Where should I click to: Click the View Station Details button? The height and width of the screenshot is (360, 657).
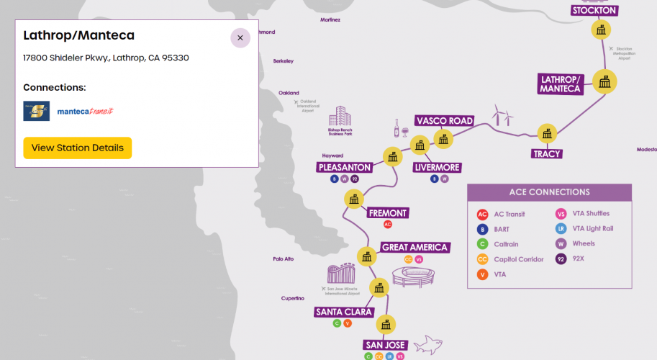(x=78, y=148)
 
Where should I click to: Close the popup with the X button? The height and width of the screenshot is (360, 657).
(x=240, y=38)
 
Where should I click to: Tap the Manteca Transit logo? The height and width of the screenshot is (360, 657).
(x=86, y=112)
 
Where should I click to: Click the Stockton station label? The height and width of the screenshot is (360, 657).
(x=594, y=10)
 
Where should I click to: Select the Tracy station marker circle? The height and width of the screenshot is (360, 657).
(x=548, y=133)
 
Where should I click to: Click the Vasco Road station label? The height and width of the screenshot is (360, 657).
(x=445, y=120)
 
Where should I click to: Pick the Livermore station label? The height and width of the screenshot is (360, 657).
(x=438, y=167)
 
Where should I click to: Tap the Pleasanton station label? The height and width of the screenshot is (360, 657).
(x=344, y=167)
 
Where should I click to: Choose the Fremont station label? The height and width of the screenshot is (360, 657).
(x=388, y=212)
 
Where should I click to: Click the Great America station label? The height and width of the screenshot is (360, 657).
(x=414, y=247)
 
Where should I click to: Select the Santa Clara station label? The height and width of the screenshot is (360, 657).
(x=344, y=312)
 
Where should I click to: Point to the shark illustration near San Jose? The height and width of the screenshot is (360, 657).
(x=432, y=343)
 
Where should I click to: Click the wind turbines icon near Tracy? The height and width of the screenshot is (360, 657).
(x=502, y=116)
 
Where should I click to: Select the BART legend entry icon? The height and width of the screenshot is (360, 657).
(x=483, y=229)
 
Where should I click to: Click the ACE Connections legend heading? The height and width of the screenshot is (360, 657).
(x=549, y=192)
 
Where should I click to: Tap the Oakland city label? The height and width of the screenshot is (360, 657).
(x=289, y=93)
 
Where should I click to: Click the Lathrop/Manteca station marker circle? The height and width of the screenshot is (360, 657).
(x=604, y=81)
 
